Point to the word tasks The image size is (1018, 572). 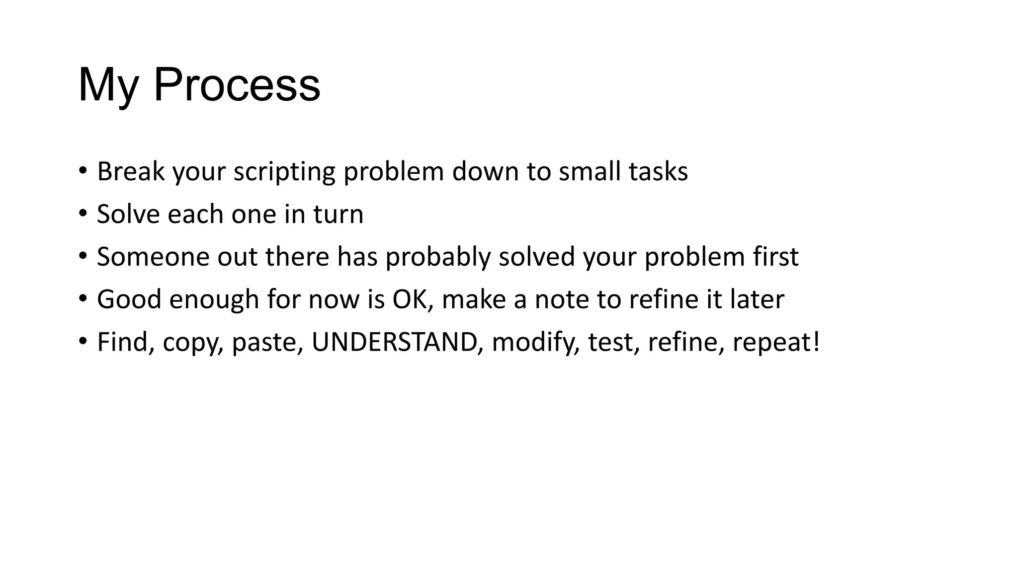point(658,171)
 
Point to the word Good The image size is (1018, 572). point(129,299)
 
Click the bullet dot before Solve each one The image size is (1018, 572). point(83,214)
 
